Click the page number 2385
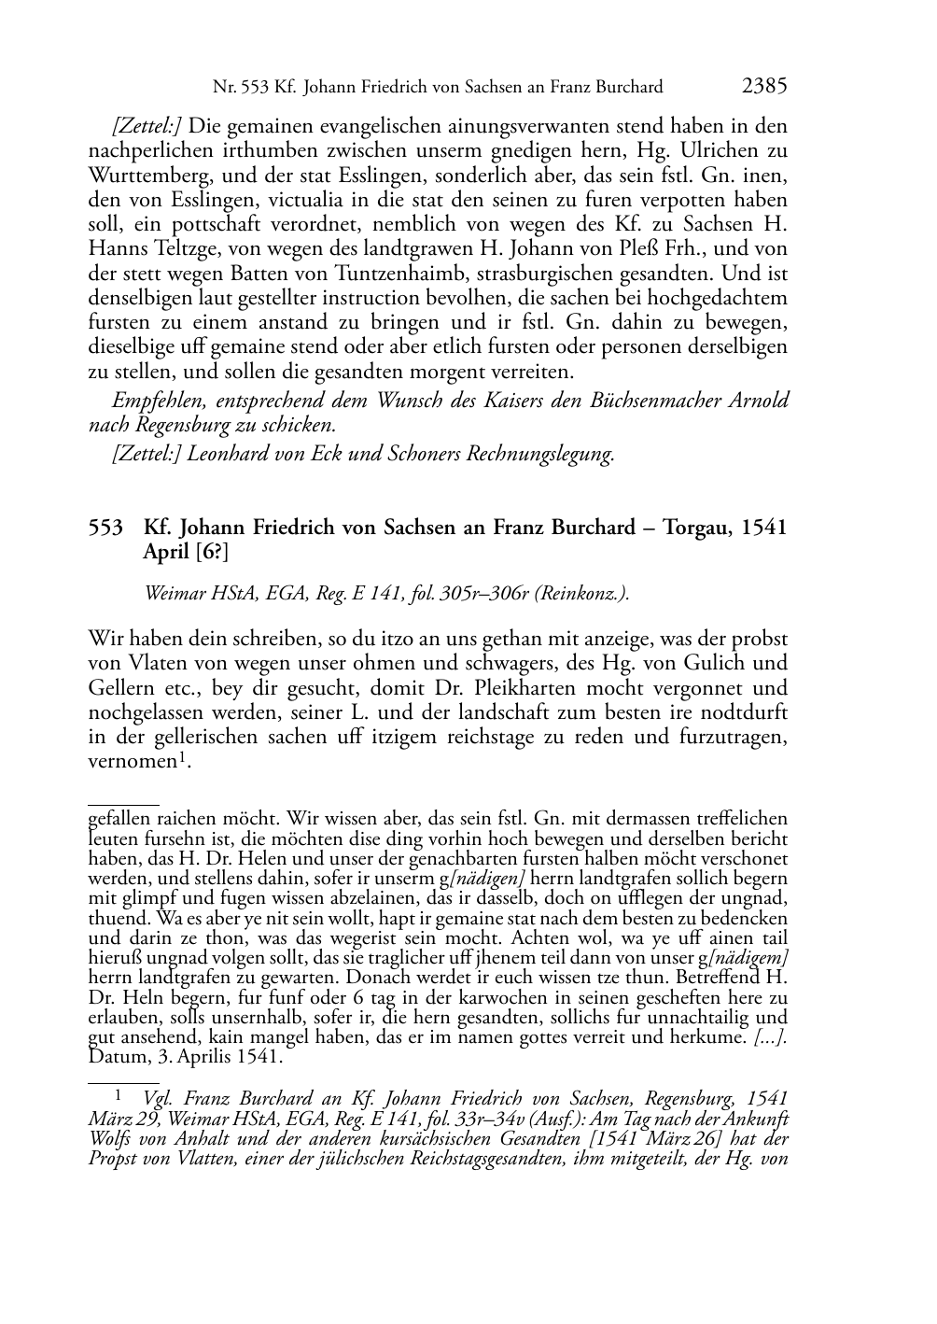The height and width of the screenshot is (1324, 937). pos(764,87)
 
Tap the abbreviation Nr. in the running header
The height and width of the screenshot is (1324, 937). pos(224,88)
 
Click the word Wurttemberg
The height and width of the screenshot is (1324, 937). pos(148,176)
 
